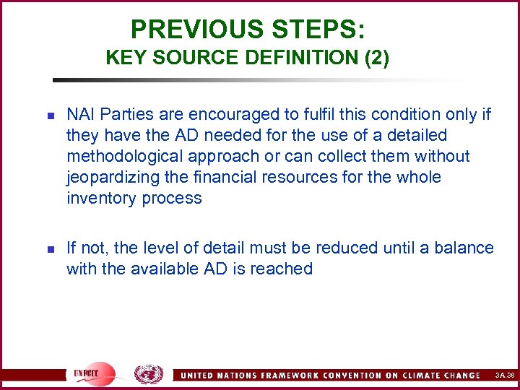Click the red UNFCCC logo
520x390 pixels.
[92, 373]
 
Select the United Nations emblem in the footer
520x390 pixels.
[149, 374]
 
